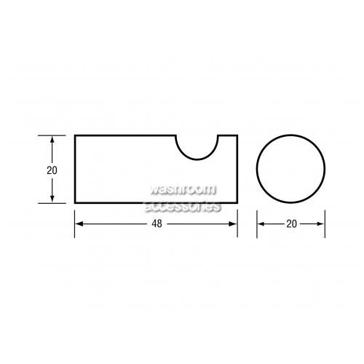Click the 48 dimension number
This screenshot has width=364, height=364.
[x=157, y=223]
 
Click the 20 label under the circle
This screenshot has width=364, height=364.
[x=291, y=223]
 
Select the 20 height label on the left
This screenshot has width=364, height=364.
[x=52, y=170]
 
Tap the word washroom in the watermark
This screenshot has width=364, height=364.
[x=183, y=189]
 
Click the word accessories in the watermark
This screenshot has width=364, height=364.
[x=183, y=206]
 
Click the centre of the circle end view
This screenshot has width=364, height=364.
[x=290, y=168]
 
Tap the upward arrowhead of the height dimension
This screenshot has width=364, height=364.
[x=52, y=140]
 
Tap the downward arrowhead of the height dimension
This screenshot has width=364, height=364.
[x=52, y=199]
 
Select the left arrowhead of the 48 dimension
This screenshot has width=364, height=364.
[x=79, y=223]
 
